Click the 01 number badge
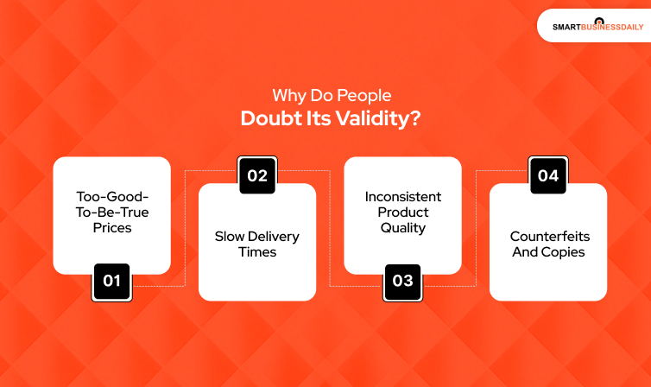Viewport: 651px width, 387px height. tap(111, 282)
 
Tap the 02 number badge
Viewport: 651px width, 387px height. tap(257, 176)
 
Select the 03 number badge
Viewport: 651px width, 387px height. tap(403, 282)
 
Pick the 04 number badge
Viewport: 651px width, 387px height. tap(548, 176)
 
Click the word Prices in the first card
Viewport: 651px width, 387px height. tap(111, 228)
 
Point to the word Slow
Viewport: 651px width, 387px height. tap(231, 236)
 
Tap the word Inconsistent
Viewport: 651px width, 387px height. tap(402, 196)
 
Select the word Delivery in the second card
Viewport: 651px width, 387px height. tap(273, 236)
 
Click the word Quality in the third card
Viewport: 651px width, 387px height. tap(403, 228)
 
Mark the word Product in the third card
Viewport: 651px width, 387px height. tap(403, 213)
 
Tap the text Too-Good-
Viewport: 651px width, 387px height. tap(111, 196)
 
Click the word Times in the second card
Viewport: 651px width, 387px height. tap(257, 251)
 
